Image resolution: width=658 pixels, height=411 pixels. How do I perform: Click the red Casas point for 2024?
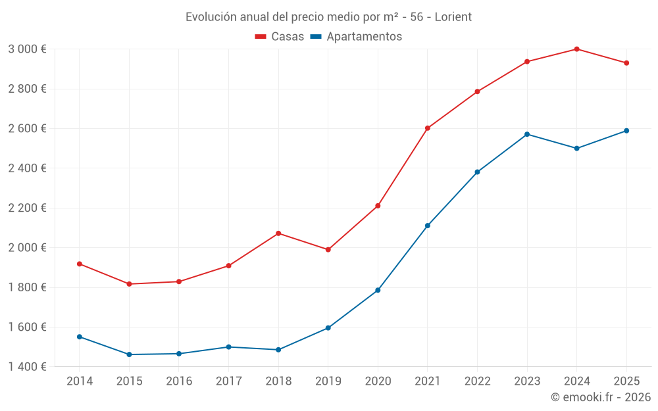pos(576,49)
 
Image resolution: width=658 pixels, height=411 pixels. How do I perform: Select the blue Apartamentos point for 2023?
pos(527,134)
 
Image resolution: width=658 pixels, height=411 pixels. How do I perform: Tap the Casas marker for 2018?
pos(278,233)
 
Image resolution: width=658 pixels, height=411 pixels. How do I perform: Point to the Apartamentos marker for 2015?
pos(129,354)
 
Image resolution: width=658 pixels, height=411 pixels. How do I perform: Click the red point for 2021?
pos(428,128)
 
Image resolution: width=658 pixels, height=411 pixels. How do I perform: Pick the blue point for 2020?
pos(378,290)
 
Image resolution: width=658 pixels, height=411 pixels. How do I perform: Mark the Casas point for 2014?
pos(80,264)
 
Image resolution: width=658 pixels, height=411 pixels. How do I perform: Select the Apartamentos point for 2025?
pos(626,131)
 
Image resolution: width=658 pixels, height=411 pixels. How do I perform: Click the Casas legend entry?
pos(280,37)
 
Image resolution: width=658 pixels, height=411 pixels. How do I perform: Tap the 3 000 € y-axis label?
pos(27,49)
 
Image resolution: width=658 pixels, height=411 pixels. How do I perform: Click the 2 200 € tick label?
pos(27,208)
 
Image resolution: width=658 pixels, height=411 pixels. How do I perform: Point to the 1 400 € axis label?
pos(27,366)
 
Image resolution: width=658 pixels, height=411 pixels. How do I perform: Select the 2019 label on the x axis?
pos(328,381)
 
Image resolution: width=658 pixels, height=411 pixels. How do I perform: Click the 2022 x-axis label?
pos(477,381)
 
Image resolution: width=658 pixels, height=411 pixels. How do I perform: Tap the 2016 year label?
pos(179,381)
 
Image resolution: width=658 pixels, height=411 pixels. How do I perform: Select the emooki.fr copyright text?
pos(600,397)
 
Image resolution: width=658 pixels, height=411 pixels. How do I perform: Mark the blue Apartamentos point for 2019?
pos(328,327)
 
